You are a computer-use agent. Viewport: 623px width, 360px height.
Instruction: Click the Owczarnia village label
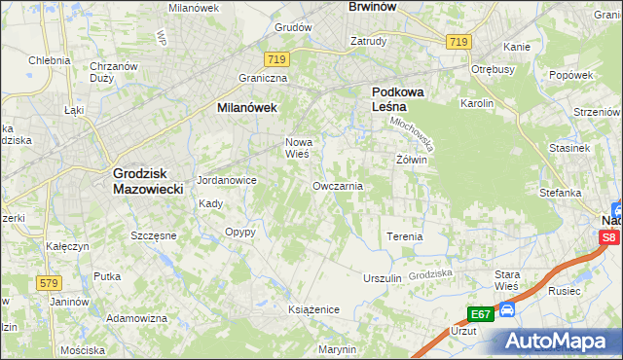pyautogui.click(x=338, y=186)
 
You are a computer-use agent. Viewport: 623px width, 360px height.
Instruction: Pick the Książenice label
pyautogui.click(x=312, y=308)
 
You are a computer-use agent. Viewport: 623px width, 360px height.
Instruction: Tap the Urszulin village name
pyautogui.click(x=383, y=278)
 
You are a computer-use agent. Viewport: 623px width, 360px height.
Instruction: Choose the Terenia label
pyautogui.click(x=405, y=236)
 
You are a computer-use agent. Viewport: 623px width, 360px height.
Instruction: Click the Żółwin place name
pyautogui.click(x=412, y=159)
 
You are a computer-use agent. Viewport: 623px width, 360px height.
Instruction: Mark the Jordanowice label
pyautogui.click(x=226, y=181)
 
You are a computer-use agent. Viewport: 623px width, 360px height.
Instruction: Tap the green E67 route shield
pyautogui.click(x=479, y=314)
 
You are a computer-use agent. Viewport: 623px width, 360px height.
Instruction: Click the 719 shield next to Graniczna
pyautogui.click(x=277, y=60)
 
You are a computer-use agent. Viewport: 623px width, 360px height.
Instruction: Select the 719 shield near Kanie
pyautogui.click(x=459, y=42)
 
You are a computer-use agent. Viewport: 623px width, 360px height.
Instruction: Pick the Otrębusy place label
pyautogui.click(x=493, y=70)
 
